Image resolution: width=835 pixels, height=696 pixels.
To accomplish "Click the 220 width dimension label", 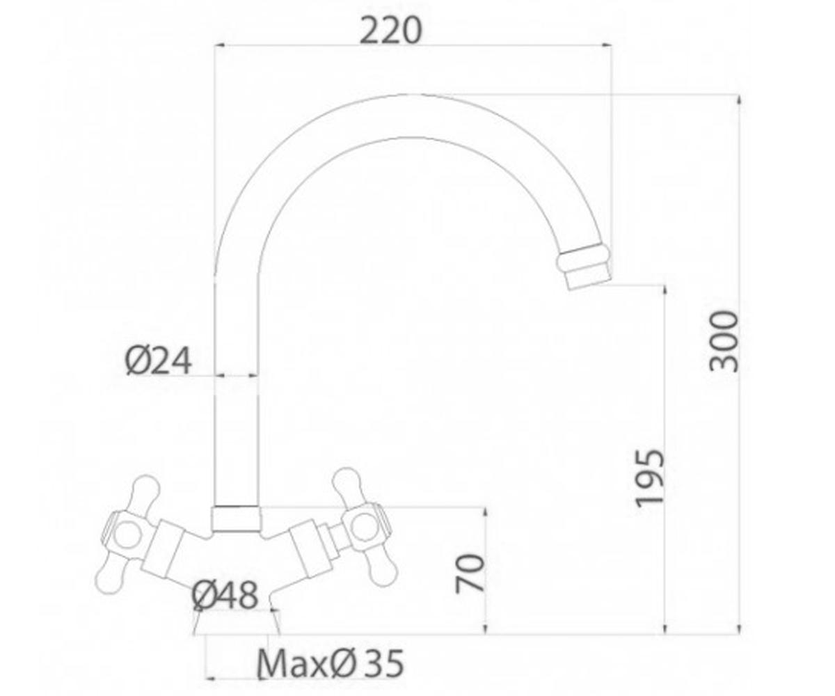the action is click(x=390, y=31).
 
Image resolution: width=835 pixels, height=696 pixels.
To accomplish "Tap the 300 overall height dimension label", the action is click(x=723, y=341).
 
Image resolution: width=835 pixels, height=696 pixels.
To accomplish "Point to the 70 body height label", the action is click(x=470, y=573).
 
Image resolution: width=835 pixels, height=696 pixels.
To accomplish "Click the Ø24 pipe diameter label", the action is click(x=159, y=361).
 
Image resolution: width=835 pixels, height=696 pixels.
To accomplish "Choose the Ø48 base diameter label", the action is click(x=224, y=596).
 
